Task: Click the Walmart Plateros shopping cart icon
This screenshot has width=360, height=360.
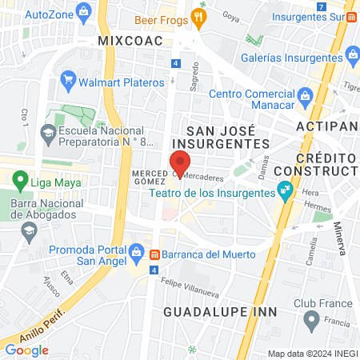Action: [x=68, y=80]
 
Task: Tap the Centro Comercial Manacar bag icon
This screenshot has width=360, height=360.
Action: [x=305, y=96]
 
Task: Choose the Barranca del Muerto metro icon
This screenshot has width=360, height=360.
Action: [x=152, y=254]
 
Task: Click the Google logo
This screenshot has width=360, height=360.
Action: [x=26, y=350]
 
